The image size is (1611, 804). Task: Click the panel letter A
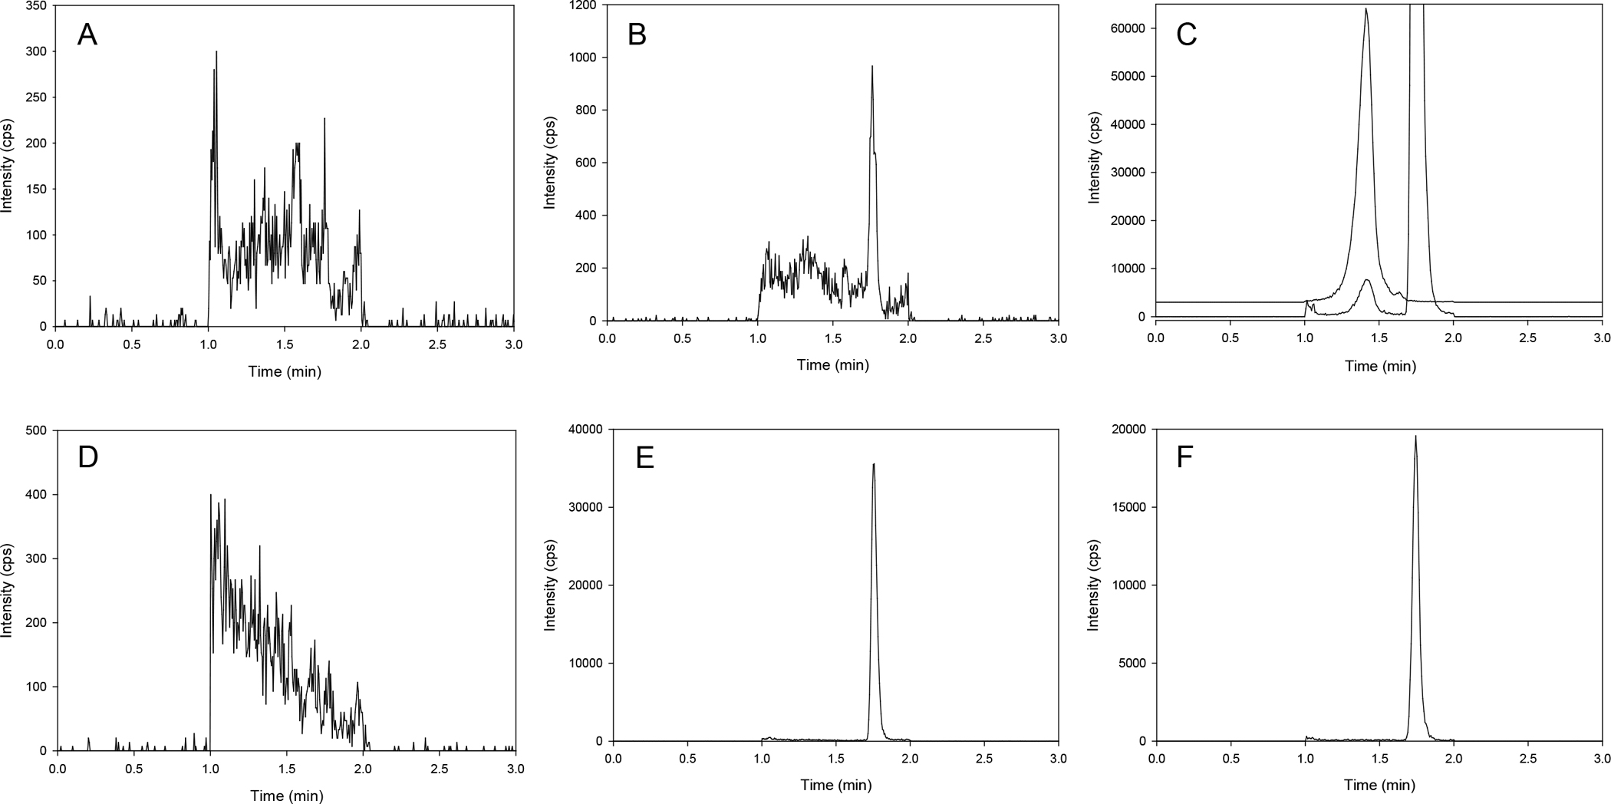(87, 35)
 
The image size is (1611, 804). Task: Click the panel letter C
(1186, 35)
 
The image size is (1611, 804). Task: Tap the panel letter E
(644, 457)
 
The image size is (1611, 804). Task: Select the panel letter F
(1185, 457)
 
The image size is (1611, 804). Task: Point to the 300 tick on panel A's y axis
(36, 51)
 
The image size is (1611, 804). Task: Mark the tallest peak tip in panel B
(872, 67)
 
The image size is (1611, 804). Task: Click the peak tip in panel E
(874, 463)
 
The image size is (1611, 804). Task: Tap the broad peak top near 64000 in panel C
(1366, 9)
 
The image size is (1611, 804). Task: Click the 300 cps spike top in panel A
(216, 51)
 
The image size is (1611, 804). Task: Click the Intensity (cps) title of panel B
(549, 163)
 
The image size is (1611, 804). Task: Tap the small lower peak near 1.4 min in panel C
(1367, 280)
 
